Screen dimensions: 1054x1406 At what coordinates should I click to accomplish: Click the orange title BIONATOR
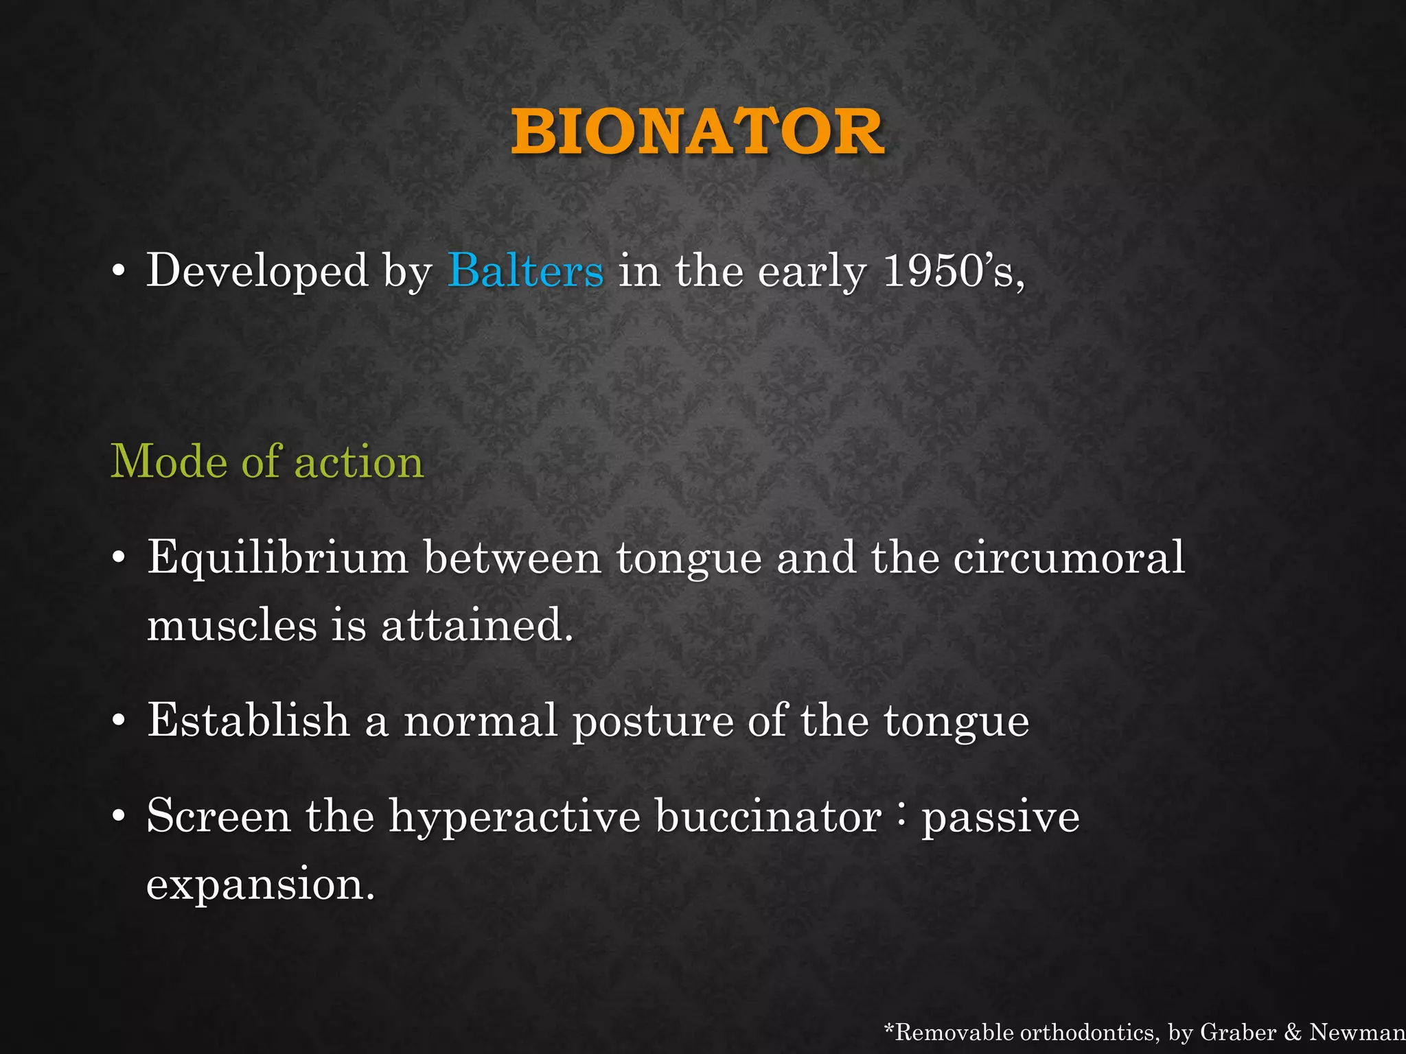[x=698, y=132]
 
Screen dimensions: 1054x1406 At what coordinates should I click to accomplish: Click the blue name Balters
[x=525, y=271]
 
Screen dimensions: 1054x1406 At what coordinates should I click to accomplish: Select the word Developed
[x=257, y=271]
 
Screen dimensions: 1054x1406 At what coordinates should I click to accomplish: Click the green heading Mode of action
[x=267, y=461]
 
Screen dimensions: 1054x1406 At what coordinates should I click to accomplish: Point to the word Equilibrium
[x=277, y=558]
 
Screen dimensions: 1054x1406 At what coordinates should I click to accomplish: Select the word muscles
[x=232, y=625]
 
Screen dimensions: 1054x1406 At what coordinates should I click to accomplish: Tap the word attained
[x=476, y=625]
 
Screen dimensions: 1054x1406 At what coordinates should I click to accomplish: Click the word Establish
[x=249, y=721]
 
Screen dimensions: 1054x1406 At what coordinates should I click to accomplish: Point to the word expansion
[x=260, y=885]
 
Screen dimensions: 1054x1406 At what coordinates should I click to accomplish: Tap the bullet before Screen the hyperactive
[x=119, y=817]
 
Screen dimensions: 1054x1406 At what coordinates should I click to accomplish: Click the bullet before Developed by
[x=119, y=271]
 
